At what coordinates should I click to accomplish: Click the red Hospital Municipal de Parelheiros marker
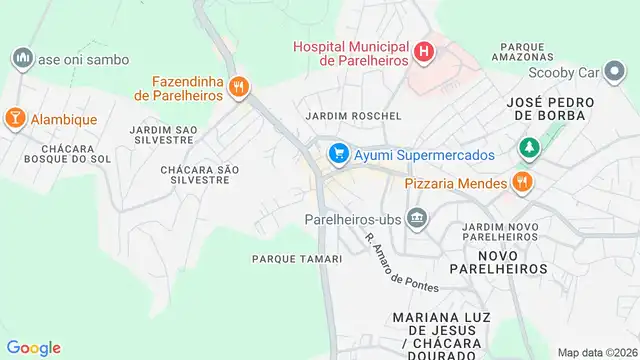coord(425,51)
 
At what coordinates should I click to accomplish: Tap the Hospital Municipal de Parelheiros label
coord(351,53)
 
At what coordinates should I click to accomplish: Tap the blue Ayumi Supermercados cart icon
coord(338,155)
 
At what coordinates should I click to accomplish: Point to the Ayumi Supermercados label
coord(424,156)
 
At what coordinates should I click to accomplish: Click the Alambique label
coord(64,120)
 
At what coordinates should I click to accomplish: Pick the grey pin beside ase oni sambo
coord(22,59)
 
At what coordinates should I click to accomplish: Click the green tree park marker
coord(528,148)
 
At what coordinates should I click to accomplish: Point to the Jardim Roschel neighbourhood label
coord(353,116)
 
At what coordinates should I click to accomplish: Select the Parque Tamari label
coord(297,259)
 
